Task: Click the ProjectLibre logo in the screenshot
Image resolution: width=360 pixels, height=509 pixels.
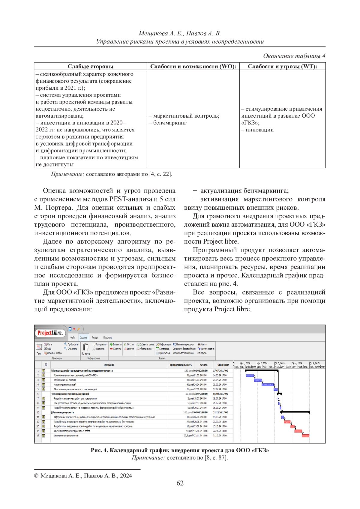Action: point(50,333)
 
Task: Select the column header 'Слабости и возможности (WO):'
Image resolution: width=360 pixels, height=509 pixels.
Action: point(193,66)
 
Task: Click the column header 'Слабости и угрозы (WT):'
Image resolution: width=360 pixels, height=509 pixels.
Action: point(282,66)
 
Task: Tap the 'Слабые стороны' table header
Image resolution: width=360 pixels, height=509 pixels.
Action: point(90,66)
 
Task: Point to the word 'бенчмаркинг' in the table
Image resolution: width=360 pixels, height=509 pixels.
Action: point(170,123)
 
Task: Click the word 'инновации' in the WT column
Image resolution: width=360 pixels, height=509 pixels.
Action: point(259,130)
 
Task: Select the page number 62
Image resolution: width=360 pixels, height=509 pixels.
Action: point(180,483)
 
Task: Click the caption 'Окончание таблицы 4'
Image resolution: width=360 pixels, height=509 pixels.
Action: point(294,56)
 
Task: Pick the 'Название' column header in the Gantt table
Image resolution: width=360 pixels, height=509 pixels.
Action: point(109,365)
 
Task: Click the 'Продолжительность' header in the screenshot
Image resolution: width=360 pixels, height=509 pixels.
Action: point(181,365)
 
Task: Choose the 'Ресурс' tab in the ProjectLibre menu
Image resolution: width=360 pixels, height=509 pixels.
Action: point(95,337)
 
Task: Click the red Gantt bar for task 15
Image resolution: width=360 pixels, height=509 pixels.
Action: point(305,436)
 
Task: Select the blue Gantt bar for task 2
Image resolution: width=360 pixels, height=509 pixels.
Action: point(250,376)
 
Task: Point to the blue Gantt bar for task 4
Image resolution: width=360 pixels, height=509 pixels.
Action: point(268,385)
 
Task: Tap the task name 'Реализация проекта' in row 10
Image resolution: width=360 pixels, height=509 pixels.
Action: point(63,412)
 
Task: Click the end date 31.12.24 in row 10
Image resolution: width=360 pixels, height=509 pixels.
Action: point(220,412)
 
